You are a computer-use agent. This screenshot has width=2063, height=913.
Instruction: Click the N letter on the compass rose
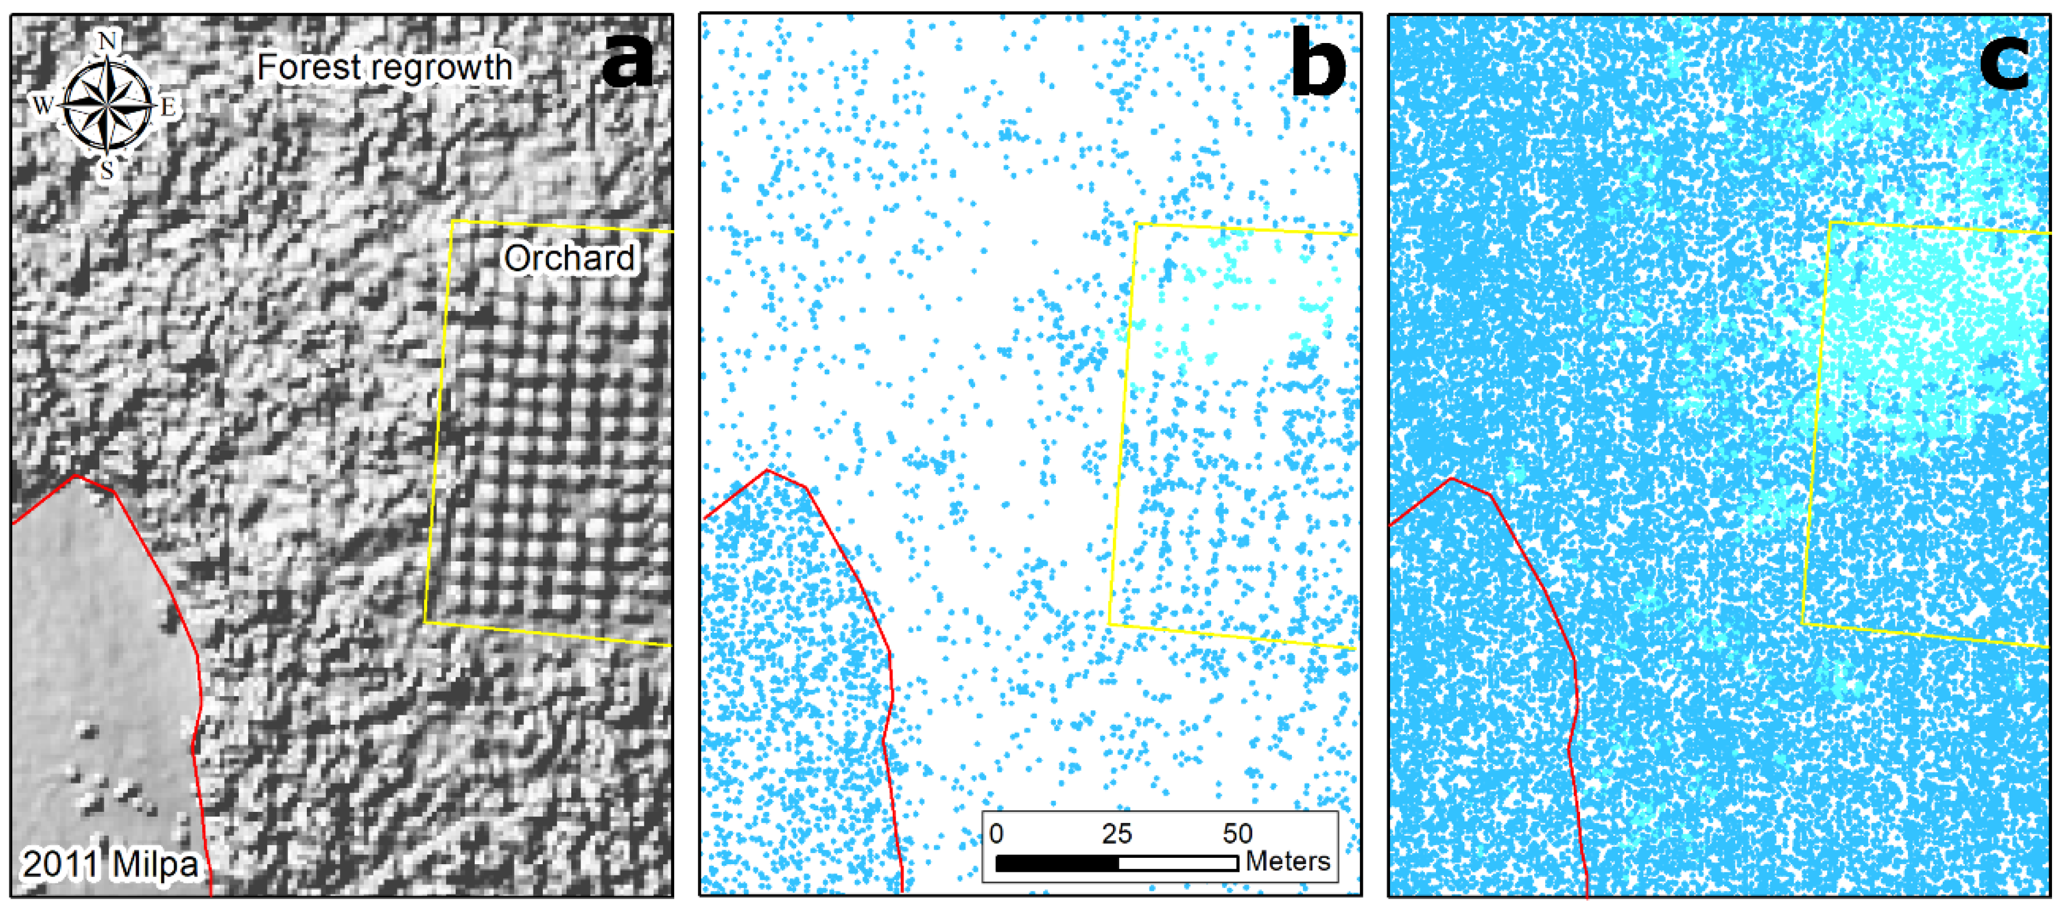108,40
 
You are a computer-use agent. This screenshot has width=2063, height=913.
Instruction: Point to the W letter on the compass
42,104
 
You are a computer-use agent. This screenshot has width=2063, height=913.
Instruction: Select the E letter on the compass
170,106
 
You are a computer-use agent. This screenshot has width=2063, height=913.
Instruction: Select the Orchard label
568,258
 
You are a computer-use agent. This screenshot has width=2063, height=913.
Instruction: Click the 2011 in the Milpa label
61,864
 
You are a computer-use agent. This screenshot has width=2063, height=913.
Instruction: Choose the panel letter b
1318,64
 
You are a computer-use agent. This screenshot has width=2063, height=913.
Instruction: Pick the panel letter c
2004,62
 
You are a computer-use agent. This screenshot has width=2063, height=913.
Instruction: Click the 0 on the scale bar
996,834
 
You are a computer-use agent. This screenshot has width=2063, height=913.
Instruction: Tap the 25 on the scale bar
1116,834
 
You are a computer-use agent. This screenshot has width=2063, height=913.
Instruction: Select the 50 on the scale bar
1237,834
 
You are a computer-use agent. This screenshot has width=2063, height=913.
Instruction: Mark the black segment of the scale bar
1057,864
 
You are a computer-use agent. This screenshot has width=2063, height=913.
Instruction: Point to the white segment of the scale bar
1178,864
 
